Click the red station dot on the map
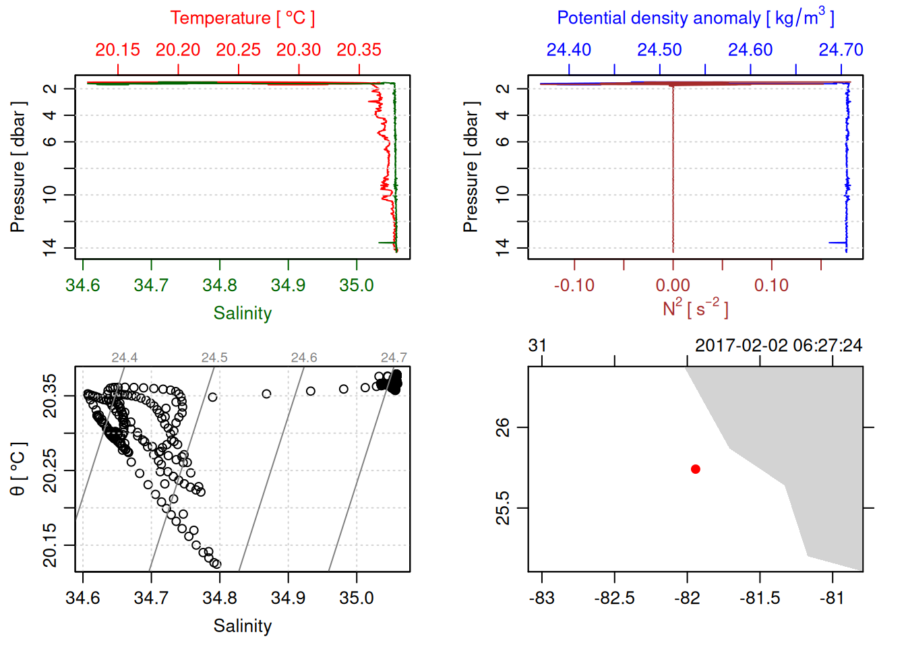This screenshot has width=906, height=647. tap(696, 469)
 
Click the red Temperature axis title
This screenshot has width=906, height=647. tap(242, 18)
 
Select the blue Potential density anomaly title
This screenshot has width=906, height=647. tap(695, 18)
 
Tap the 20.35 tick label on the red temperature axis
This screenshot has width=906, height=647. tap(359, 50)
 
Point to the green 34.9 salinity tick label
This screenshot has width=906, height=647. tap(288, 285)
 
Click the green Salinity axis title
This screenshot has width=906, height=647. tap(242, 313)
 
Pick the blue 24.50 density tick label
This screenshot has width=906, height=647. tap(659, 50)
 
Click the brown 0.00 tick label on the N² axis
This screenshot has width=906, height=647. tap(673, 285)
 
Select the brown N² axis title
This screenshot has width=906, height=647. tap(695, 309)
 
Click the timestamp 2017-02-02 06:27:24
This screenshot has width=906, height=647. tap(779, 346)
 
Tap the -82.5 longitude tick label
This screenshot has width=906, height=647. tap(614, 598)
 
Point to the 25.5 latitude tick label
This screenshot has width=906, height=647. tap(503, 507)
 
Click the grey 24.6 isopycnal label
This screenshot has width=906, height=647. tap(304, 358)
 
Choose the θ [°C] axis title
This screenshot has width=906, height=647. tap(18, 469)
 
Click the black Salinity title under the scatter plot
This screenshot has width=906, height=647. tap(242, 626)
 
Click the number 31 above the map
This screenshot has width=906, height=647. tap(537, 346)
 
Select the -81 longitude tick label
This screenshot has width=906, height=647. tap(833, 598)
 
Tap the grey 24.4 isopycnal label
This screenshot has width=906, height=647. tap(125, 358)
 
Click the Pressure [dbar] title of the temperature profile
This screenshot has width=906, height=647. tap(18, 167)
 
